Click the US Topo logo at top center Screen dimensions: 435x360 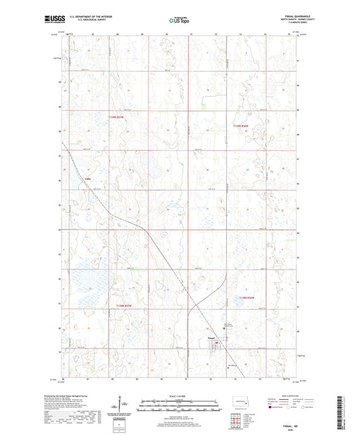(x=179, y=21)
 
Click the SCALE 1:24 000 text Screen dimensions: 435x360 (x=179, y=396)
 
